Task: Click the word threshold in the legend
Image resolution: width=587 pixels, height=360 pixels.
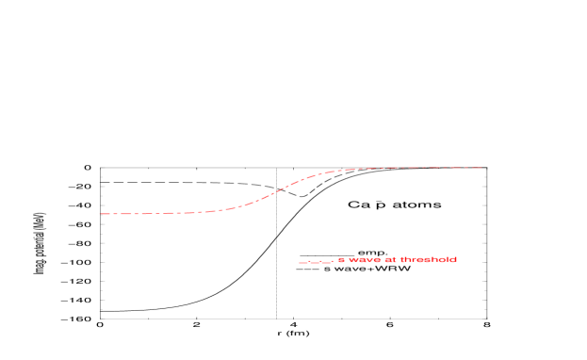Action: point(429,259)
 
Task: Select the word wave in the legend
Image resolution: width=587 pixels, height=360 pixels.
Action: point(365,259)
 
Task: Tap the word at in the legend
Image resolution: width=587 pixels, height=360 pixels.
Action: point(391,259)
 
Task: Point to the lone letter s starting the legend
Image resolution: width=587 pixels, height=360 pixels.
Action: point(341,259)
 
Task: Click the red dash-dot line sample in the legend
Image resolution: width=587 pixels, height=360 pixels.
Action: point(316,262)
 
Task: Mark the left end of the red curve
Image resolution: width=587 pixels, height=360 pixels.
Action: point(100,214)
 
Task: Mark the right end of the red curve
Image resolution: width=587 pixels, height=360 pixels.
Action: point(481,168)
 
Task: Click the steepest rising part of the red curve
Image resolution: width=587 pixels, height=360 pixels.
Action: point(280,189)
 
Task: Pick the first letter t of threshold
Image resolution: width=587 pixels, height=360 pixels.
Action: point(402,259)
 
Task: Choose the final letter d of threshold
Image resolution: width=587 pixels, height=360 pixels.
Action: point(454,259)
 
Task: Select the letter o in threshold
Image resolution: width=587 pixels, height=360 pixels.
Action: point(443,259)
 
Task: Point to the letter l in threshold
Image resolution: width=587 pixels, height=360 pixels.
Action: point(448,259)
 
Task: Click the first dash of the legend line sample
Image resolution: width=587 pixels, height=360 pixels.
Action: point(302,262)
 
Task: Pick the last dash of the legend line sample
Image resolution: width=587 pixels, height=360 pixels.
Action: point(329,262)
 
